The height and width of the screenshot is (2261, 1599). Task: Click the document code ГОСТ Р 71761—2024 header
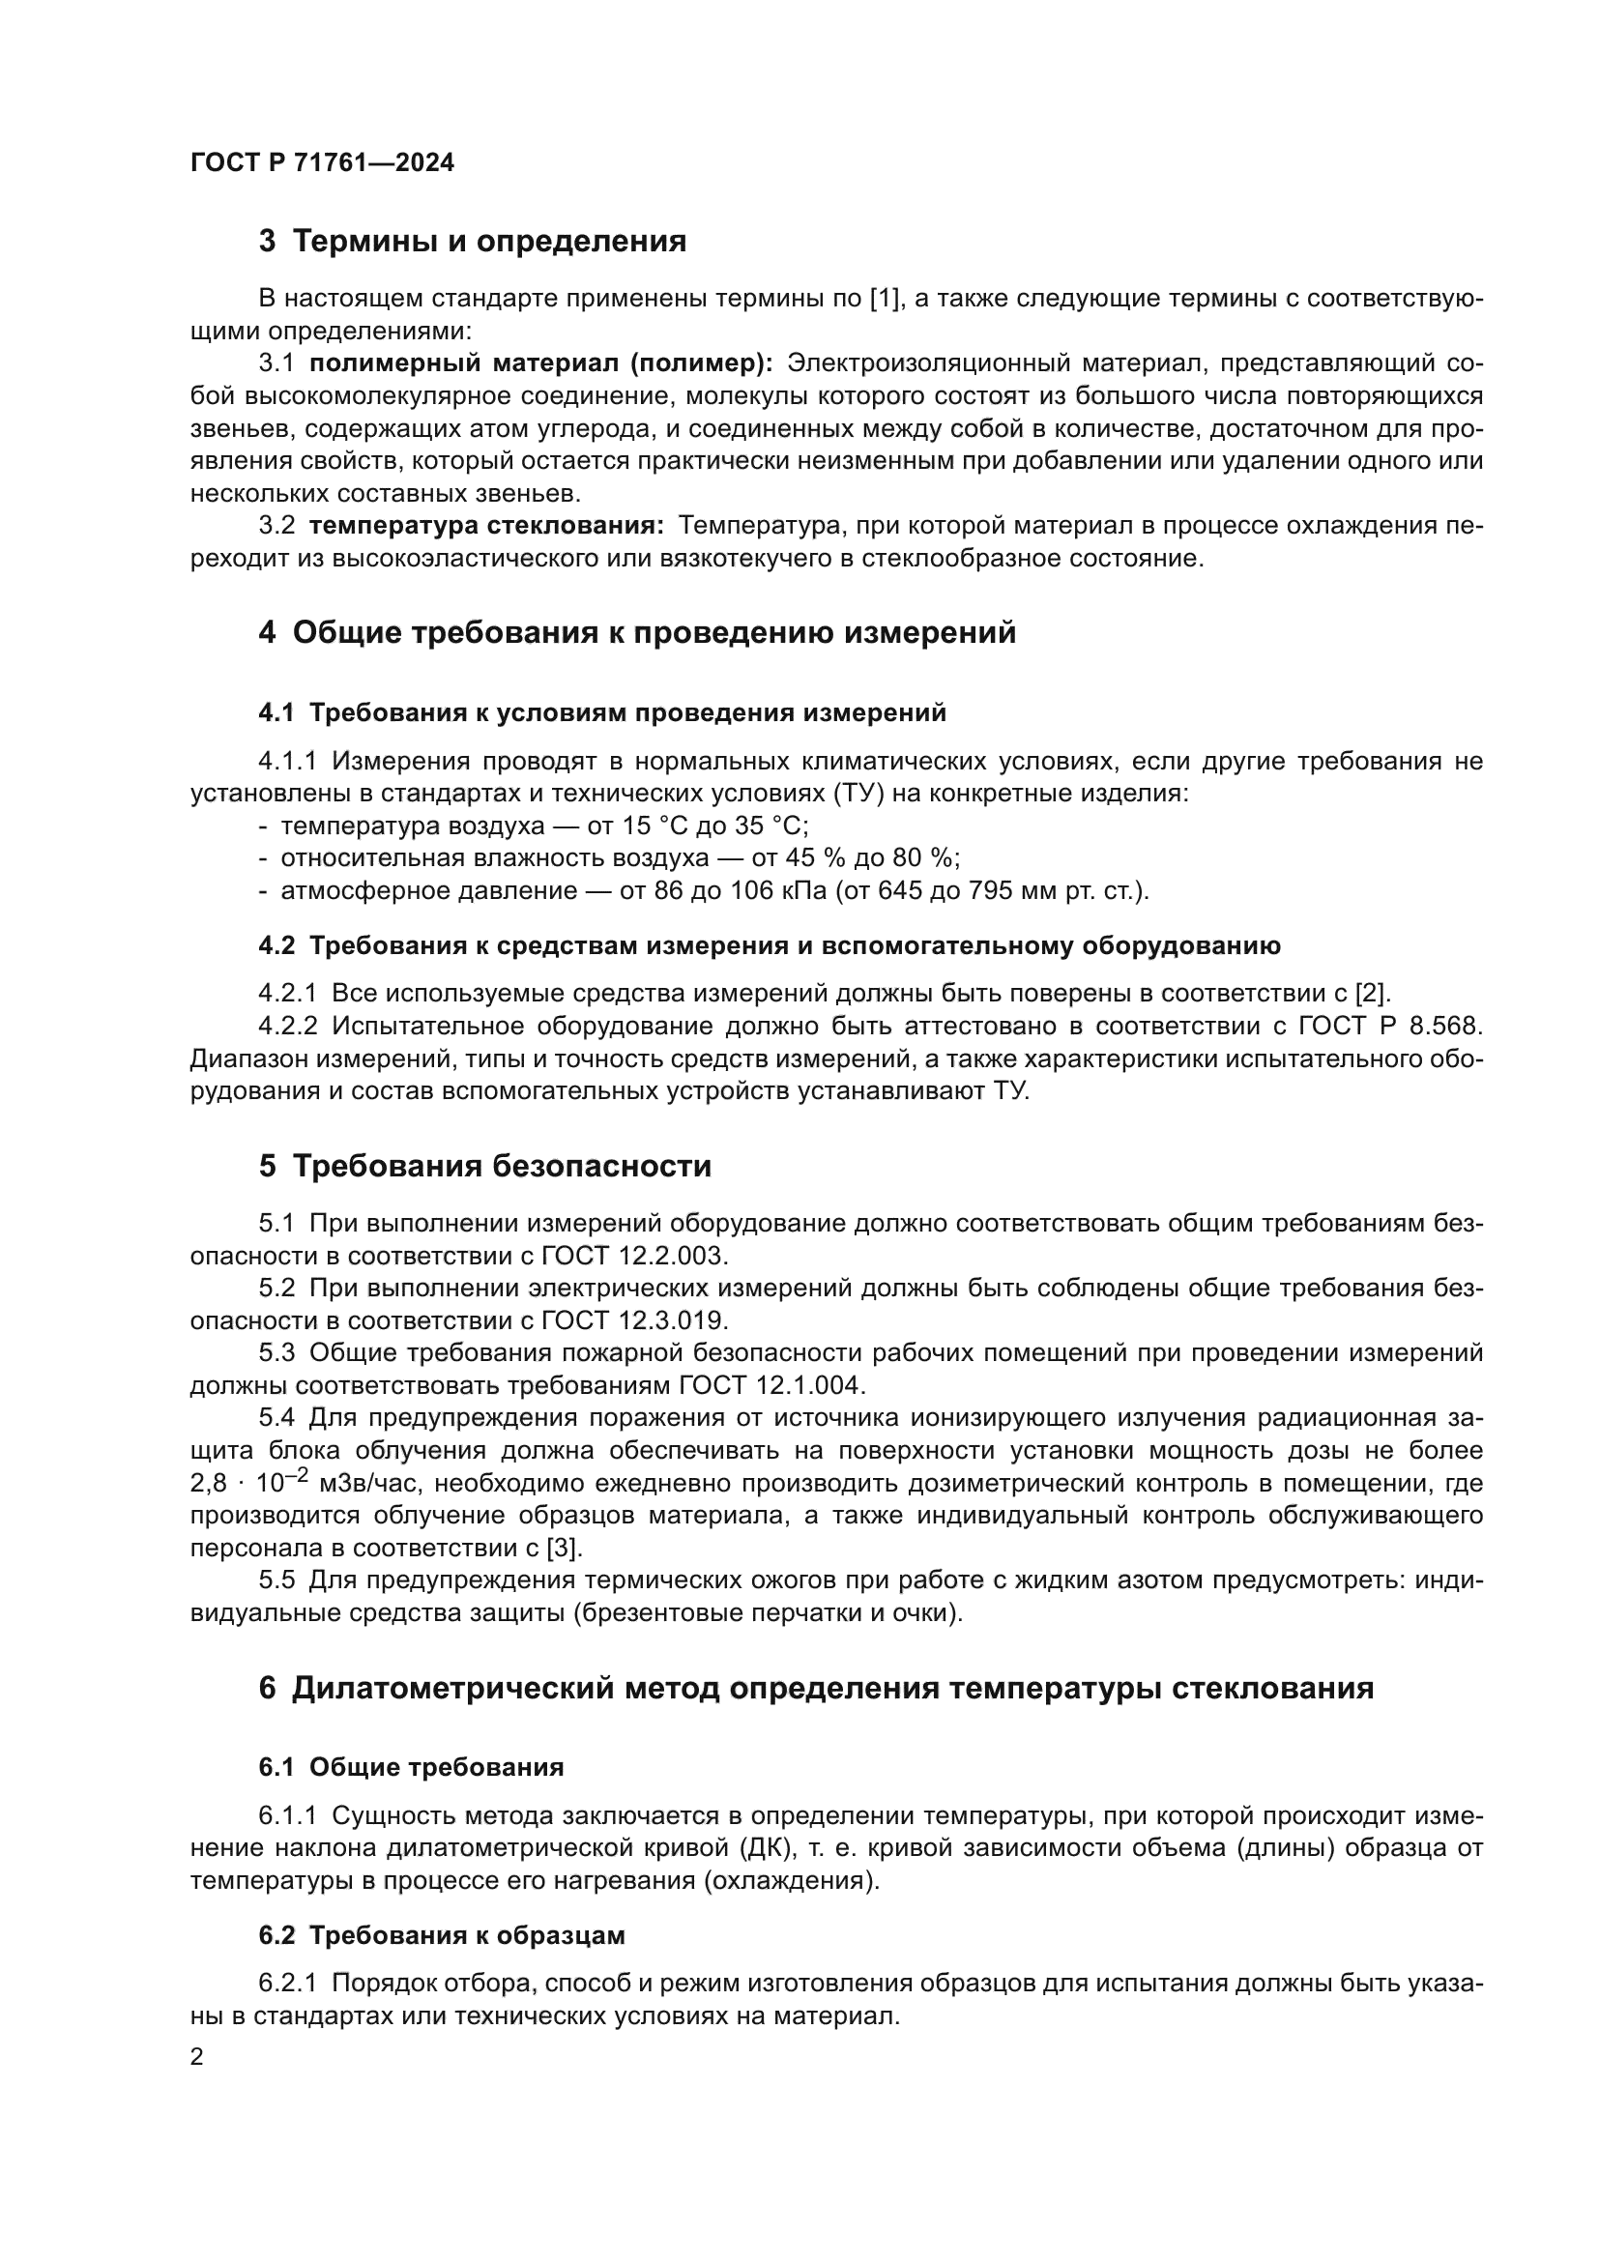click(322, 163)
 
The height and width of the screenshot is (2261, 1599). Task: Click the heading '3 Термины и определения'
click(473, 242)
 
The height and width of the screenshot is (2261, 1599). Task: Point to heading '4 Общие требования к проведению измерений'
click(637, 632)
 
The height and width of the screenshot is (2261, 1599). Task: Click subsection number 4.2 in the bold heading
click(276, 946)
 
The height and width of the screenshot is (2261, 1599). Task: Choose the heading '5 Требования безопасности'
click(484, 1166)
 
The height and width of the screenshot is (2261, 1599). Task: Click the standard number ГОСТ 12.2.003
click(634, 1257)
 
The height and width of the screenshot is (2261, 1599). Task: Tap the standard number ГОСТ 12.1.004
click(770, 1385)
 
